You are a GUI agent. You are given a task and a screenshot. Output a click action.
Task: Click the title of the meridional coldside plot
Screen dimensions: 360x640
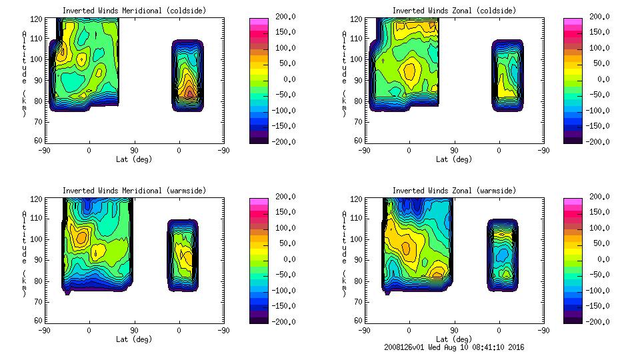(134, 11)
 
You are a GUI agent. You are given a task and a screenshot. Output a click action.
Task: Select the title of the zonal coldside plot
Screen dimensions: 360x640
(454, 11)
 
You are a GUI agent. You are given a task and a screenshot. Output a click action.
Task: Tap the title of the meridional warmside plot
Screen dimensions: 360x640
(134, 191)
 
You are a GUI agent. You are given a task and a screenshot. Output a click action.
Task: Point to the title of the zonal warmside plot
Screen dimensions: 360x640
(454, 191)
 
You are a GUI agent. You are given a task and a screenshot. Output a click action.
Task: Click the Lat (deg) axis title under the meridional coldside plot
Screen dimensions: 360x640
(134, 159)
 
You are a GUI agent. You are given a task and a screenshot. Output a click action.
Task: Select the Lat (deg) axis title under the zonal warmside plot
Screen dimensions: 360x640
(454, 339)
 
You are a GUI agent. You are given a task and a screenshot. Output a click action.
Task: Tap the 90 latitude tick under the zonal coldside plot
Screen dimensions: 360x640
(455, 151)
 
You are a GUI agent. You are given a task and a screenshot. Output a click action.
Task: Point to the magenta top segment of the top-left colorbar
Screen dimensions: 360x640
(258, 22)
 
